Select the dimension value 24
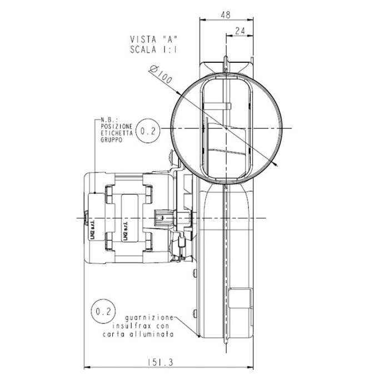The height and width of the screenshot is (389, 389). pos(240,32)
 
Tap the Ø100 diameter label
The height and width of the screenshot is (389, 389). pos(162,75)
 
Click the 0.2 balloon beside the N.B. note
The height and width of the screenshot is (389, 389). pos(148,131)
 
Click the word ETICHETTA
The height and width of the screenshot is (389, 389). pos(117,134)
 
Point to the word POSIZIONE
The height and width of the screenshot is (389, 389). pos(117,127)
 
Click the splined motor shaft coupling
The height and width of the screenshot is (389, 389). pos(161,218)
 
